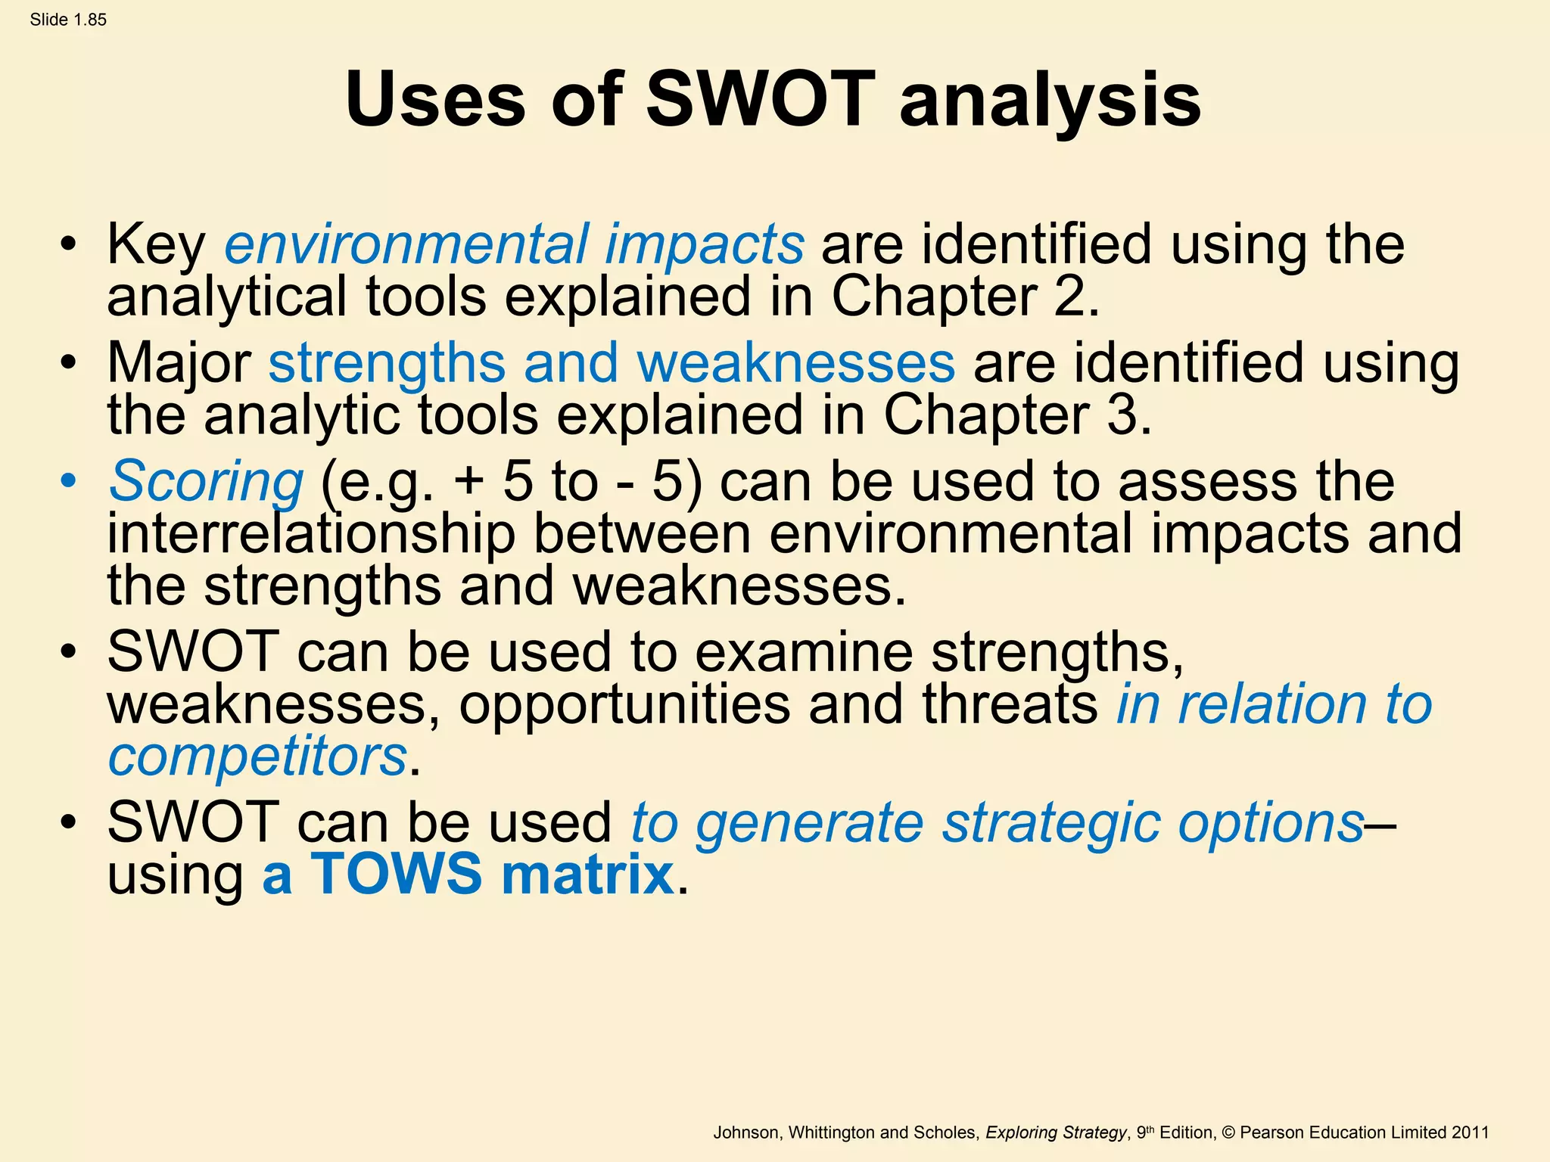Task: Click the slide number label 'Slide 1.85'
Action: click(68, 20)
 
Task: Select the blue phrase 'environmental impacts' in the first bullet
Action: click(514, 244)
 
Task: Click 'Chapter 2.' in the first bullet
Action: click(965, 297)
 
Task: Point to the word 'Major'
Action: click(179, 363)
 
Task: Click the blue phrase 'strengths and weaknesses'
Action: click(612, 363)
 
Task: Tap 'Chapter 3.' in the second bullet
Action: click(1017, 415)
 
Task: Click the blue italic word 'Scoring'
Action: click(206, 482)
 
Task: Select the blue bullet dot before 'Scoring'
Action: click(69, 482)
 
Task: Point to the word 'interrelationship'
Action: click(311, 534)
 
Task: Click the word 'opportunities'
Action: click(624, 704)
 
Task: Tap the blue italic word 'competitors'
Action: click(257, 757)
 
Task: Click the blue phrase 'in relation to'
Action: click(1274, 704)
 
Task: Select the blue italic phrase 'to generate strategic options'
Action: click(997, 823)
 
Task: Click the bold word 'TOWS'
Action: click(396, 875)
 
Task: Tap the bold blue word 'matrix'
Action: click(587, 875)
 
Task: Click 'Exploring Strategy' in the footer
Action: click(1056, 1132)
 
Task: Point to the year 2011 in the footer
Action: click(1470, 1132)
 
